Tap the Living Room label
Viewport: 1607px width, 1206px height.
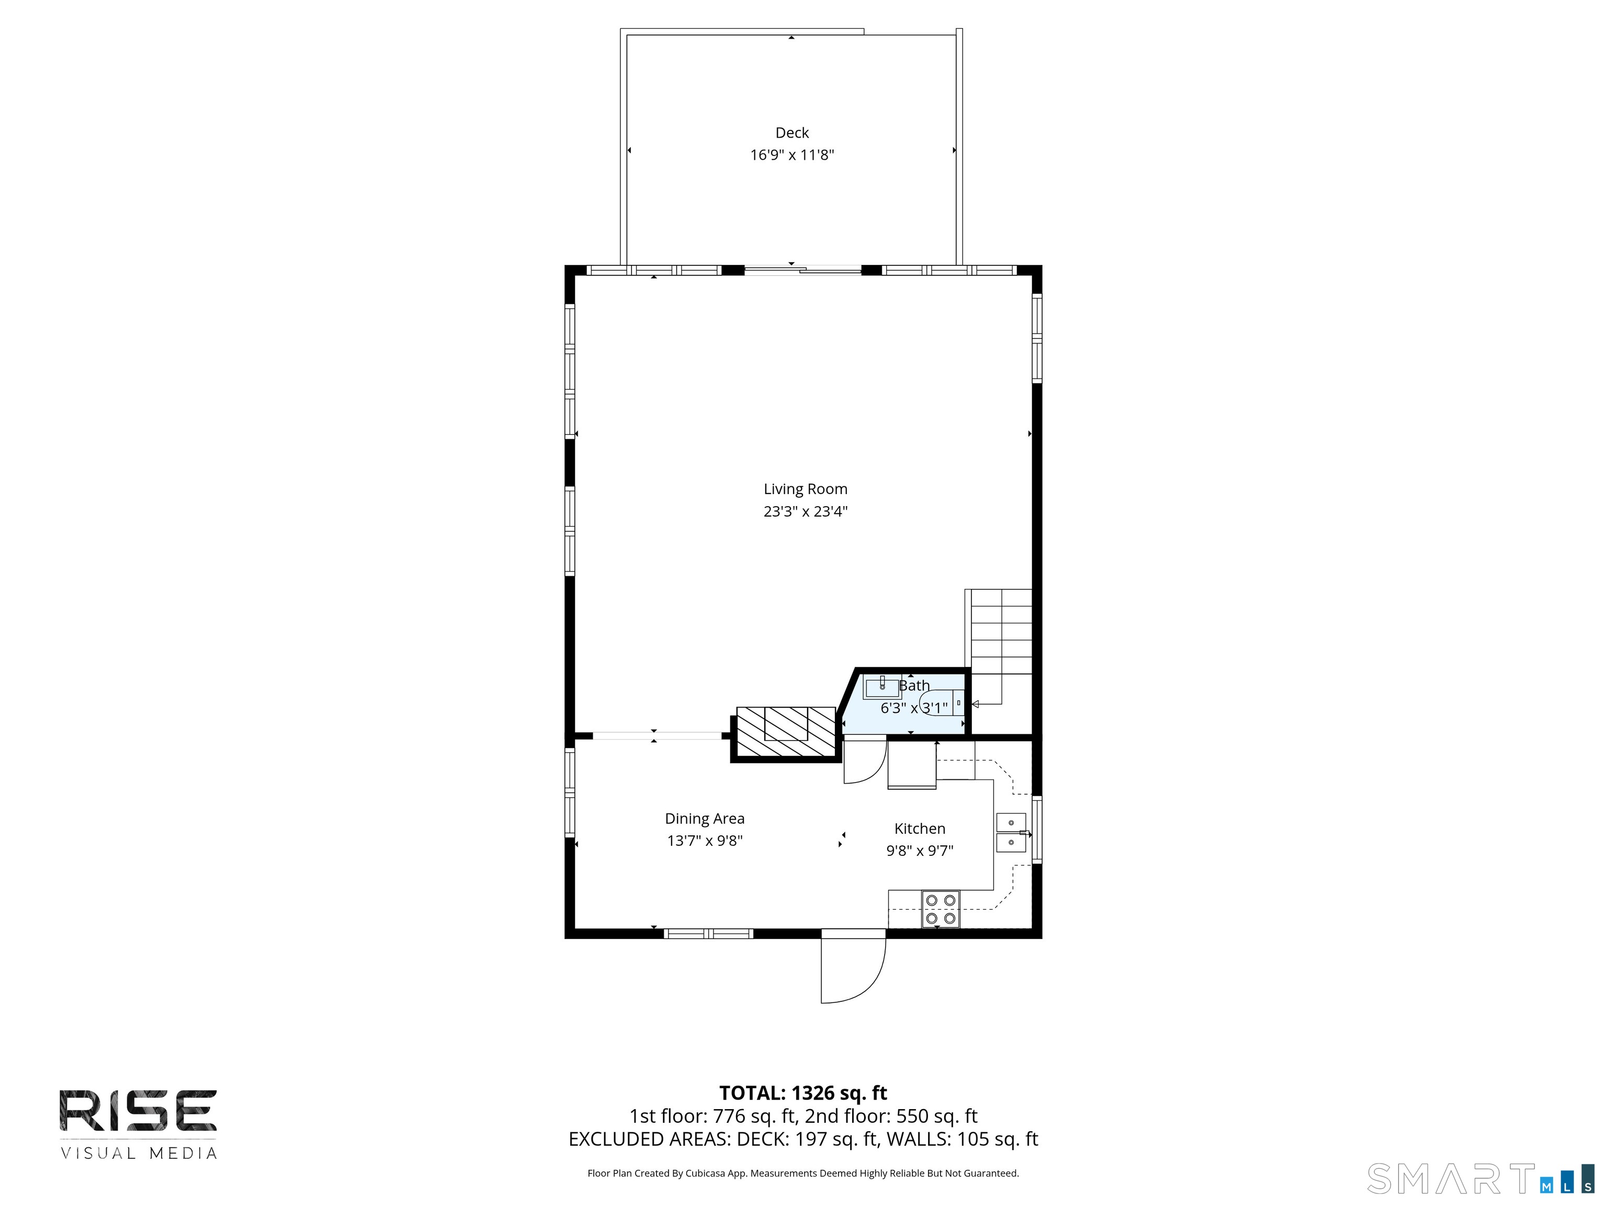[805, 489]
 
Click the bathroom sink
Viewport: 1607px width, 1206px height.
[881, 686]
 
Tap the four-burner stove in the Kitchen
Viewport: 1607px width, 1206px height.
[940, 909]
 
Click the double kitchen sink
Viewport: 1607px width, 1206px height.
[1011, 832]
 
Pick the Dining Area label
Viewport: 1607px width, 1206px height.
[704, 819]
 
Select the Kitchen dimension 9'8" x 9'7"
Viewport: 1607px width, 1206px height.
[919, 851]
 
